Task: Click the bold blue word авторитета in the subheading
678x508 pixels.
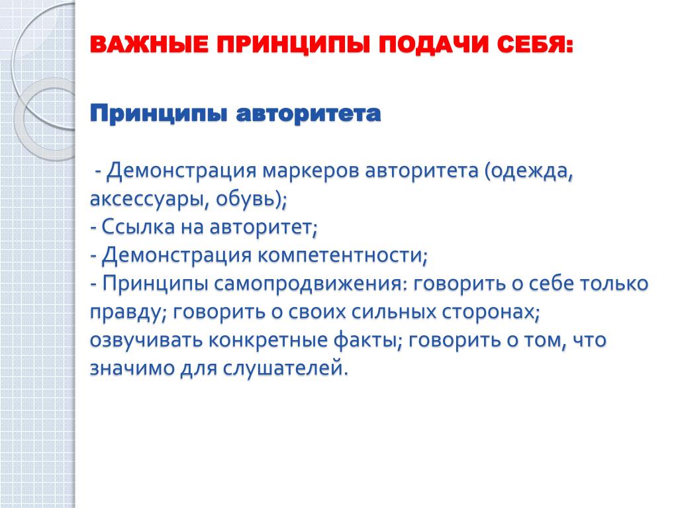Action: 309,114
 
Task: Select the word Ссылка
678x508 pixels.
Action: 138,227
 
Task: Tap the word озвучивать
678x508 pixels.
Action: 146,340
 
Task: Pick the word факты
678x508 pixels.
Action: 365,340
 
